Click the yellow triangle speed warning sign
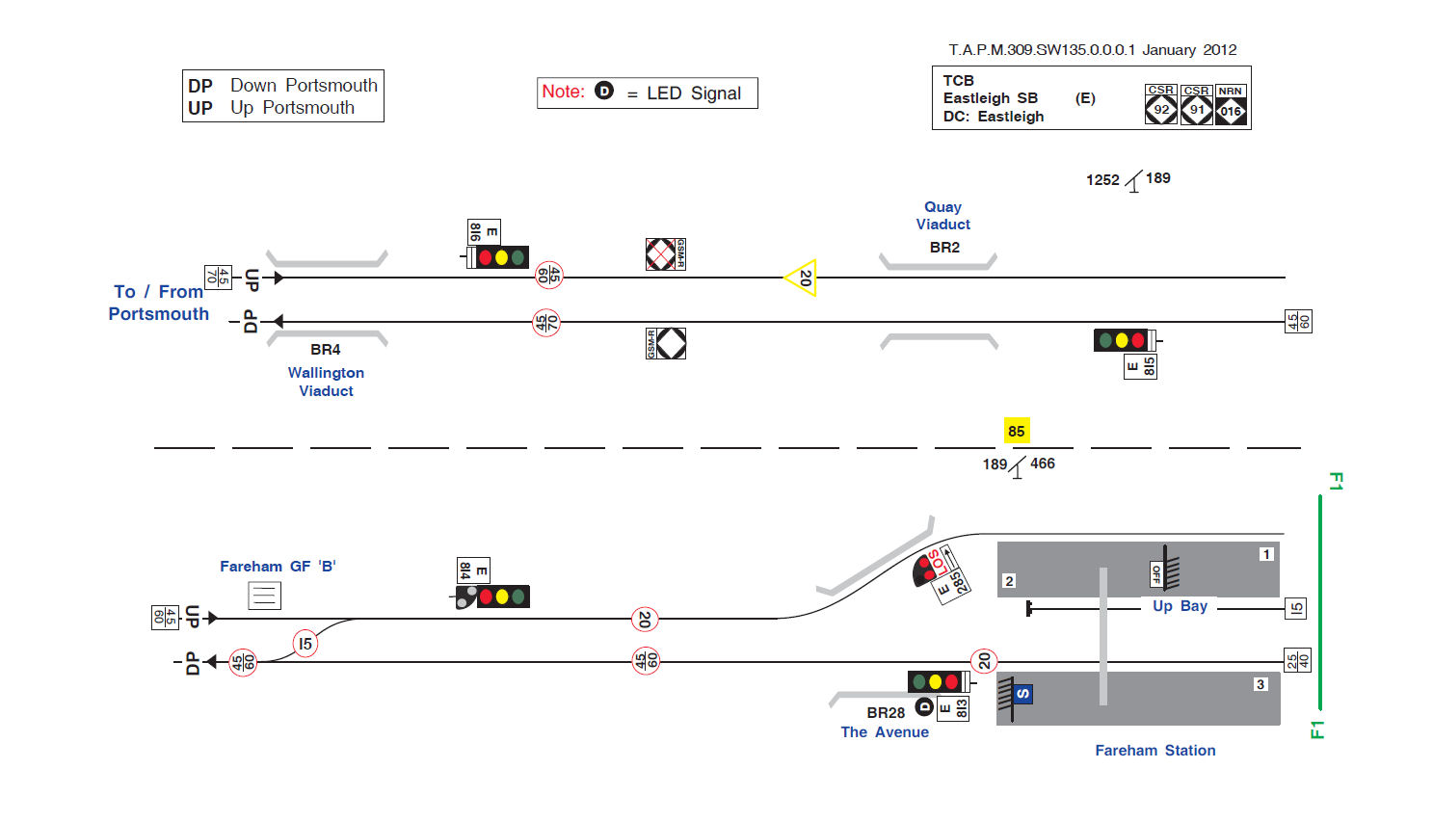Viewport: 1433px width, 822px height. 802,278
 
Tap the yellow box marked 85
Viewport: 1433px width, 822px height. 1016,431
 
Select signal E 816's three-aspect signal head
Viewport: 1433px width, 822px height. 500,257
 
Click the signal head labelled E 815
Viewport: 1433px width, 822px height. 1123,340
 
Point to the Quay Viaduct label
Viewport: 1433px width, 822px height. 942,216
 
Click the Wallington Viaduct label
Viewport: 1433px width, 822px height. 326,382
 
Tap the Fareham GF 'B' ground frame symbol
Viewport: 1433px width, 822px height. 264,596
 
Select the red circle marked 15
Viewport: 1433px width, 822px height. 305,644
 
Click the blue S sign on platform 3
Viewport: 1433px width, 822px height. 1022,694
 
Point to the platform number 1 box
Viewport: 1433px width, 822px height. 1266,554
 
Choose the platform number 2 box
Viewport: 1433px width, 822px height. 1009,581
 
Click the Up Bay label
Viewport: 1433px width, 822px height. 1180,606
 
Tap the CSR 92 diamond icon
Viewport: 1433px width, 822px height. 1161,109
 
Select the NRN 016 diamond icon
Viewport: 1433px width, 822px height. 1231,110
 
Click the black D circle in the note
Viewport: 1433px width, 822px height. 604,91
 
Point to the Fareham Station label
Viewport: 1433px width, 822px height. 1154,751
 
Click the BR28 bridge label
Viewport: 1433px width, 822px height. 885,713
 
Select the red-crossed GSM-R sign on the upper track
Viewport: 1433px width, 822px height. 661,254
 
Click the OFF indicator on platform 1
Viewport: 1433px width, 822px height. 1156,574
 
